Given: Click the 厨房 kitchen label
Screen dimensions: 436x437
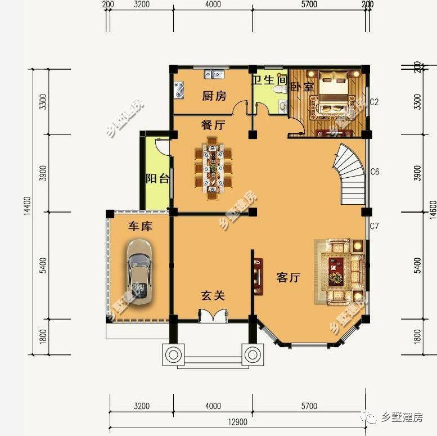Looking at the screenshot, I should pyautogui.click(x=214, y=96).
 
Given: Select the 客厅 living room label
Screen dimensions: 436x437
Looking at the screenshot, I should pyautogui.click(x=289, y=277).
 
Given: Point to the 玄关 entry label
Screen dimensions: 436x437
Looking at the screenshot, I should pyautogui.click(x=213, y=295).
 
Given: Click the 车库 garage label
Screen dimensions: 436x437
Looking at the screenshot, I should pyautogui.click(x=140, y=226).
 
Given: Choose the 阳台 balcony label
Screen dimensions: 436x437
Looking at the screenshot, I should pyautogui.click(x=157, y=179).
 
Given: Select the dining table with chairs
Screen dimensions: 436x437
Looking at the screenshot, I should pyautogui.click(x=213, y=167).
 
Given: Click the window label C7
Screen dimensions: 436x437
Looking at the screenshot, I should pyautogui.click(x=375, y=227).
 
